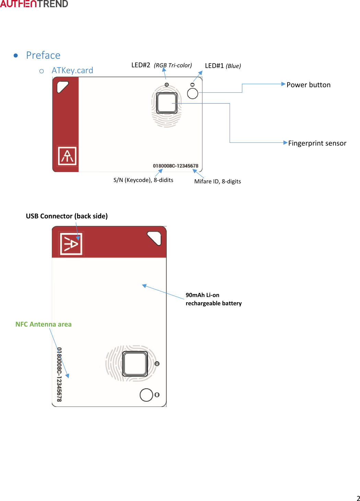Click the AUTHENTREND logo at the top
(34, 4)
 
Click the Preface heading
(43, 55)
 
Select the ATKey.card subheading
(72, 70)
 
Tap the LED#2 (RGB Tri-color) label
(161, 65)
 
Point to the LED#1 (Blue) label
(223, 66)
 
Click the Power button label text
(309, 85)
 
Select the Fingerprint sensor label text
(317, 143)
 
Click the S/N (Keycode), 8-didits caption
(143, 180)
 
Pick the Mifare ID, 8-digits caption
(218, 181)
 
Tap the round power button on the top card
(193, 93)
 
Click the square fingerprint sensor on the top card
(167, 103)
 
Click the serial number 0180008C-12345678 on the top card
(175, 166)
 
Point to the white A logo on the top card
(67, 156)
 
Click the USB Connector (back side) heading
(67, 216)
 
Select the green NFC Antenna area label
(44, 324)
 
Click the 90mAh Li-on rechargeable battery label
(213, 299)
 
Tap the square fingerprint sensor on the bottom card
(135, 364)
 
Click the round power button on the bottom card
(146, 395)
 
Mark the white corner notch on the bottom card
(155, 238)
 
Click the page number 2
(358, 498)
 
